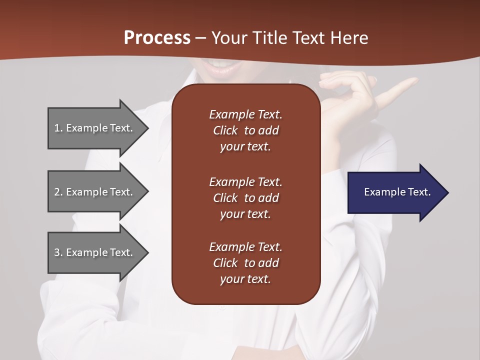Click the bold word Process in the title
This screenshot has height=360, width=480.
tap(157, 38)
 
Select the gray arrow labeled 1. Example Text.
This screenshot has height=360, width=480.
tap(95, 128)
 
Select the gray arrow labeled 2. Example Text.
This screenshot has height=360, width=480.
tap(95, 192)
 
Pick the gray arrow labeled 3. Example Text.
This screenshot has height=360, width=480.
tap(95, 252)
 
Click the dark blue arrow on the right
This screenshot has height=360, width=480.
tap(395, 192)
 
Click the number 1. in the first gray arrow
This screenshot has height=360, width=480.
tap(58, 128)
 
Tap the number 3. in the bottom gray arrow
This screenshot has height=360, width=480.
tap(58, 252)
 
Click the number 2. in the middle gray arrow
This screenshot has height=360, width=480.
tap(58, 192)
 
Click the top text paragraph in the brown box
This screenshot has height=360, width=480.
tap(245, 130)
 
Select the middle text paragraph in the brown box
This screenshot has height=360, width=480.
tap(245, 198)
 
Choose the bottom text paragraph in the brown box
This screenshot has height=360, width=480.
tap(245, 263)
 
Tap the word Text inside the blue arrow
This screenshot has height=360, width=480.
tap(419, 192)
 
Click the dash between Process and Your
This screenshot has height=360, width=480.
tap(201, 38)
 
